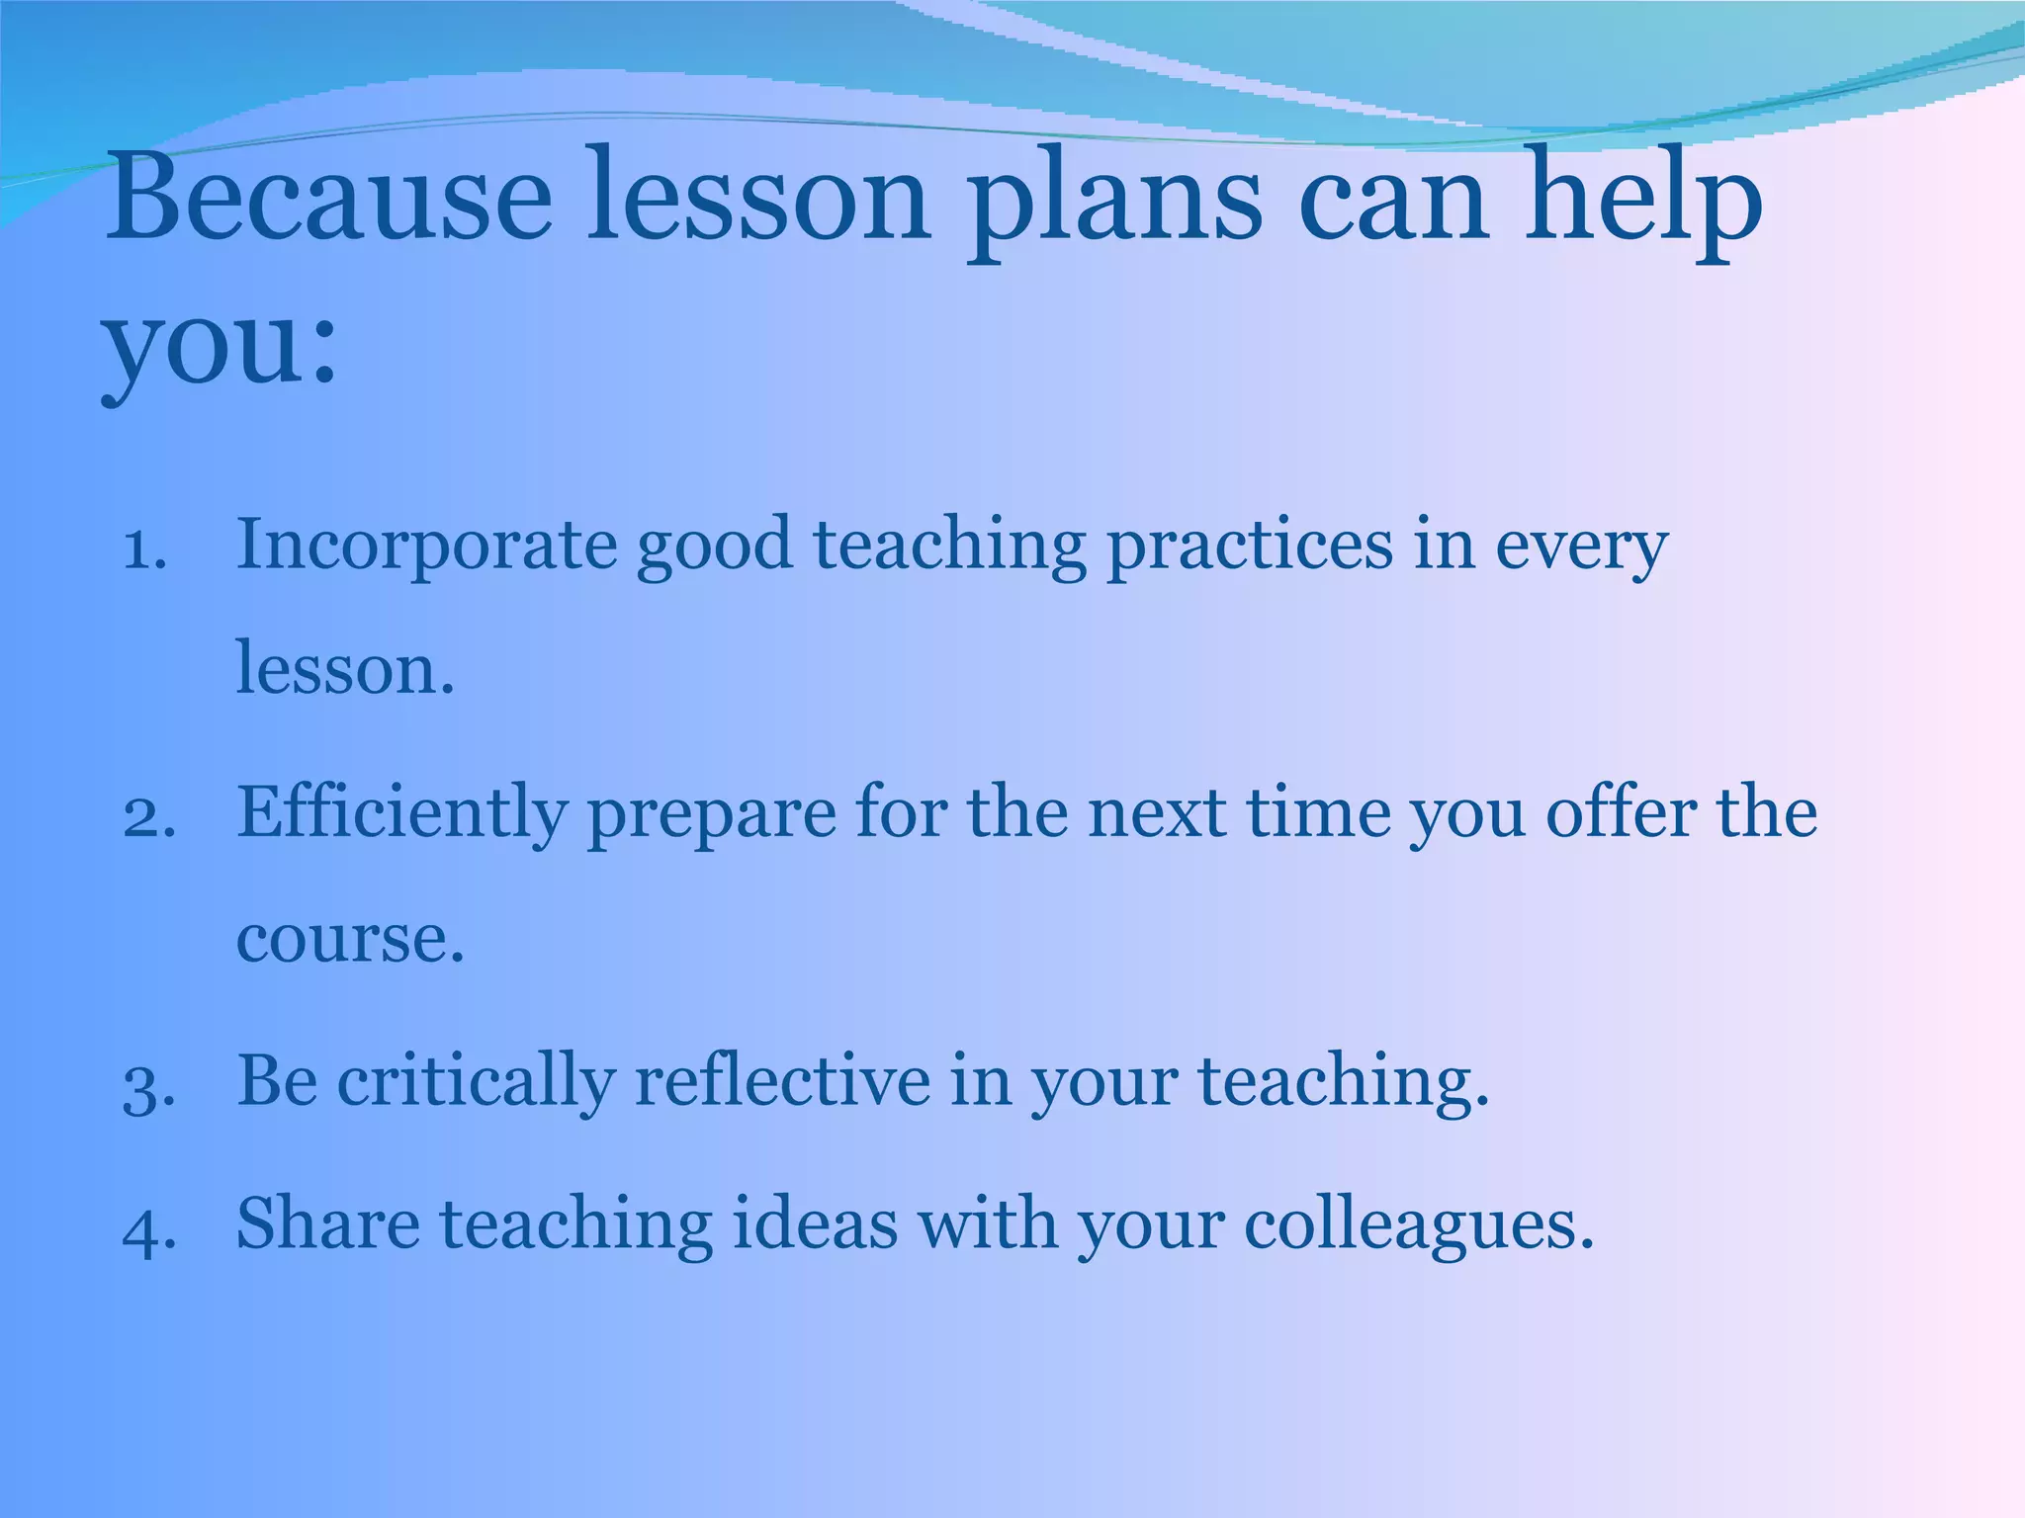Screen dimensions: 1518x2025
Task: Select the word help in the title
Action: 1642,203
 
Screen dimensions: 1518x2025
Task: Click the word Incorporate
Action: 425,547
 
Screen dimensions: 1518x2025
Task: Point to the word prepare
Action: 711,816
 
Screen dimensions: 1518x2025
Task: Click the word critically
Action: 476,1082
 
